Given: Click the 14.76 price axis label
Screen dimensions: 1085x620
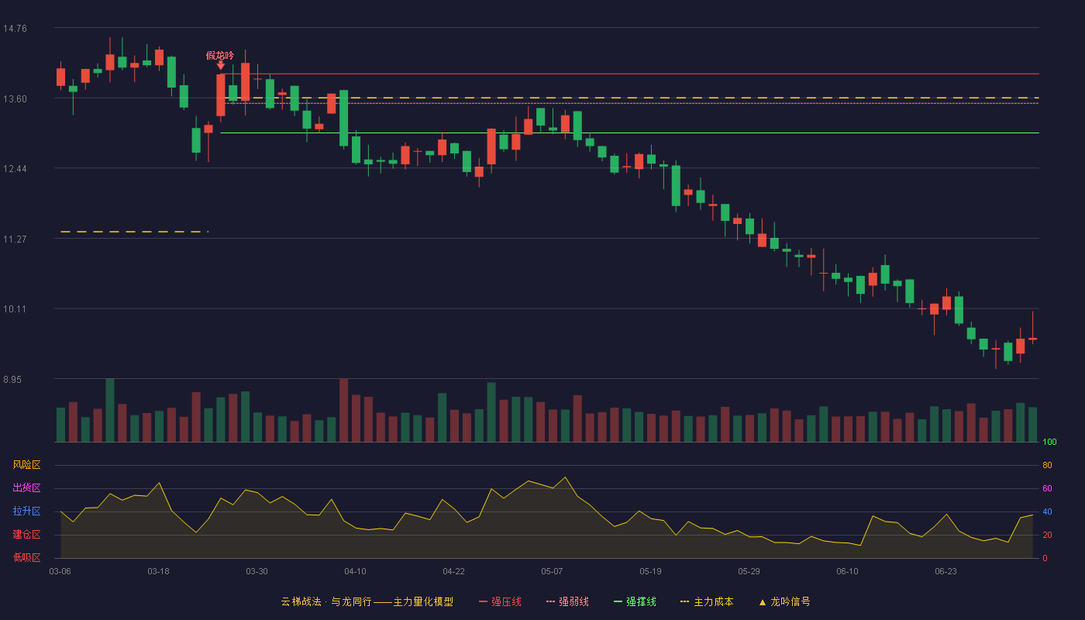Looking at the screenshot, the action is pos(15,29).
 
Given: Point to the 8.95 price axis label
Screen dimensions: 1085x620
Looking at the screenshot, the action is pos(12,380).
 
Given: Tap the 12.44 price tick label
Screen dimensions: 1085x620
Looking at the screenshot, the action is pos(15,169).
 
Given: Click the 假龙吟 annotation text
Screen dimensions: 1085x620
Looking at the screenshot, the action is pos(220,56).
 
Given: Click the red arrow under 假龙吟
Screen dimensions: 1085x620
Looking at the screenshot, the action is pos(220,66).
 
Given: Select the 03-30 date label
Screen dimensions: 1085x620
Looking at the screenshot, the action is pos(257,572).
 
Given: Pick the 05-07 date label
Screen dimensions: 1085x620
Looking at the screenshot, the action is pos(552,572).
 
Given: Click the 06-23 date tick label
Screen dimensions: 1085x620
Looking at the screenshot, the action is pos(945,572).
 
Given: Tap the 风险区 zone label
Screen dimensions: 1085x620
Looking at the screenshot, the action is pos(26,465).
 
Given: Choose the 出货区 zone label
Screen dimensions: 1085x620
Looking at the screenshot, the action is pos(26,488).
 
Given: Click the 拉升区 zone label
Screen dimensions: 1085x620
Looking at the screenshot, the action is pos(26,511).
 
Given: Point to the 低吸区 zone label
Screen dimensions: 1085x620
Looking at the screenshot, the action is pos(26,558).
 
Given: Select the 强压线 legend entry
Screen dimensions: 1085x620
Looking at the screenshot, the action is pos(500,602).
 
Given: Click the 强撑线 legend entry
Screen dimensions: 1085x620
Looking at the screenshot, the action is pos(635,602).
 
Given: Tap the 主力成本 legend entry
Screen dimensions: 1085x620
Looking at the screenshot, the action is pos(707,602).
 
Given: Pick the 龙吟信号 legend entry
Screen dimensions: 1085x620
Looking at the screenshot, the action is pos(784,602).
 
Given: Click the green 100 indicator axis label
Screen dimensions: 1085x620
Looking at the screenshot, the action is pos(1049,443).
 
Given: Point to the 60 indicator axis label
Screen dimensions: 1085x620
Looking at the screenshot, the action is pos(1047,489).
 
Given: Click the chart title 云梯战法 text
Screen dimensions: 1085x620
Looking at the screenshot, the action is pos(301,602).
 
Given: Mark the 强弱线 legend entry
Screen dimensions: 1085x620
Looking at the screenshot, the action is pos(567,602).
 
